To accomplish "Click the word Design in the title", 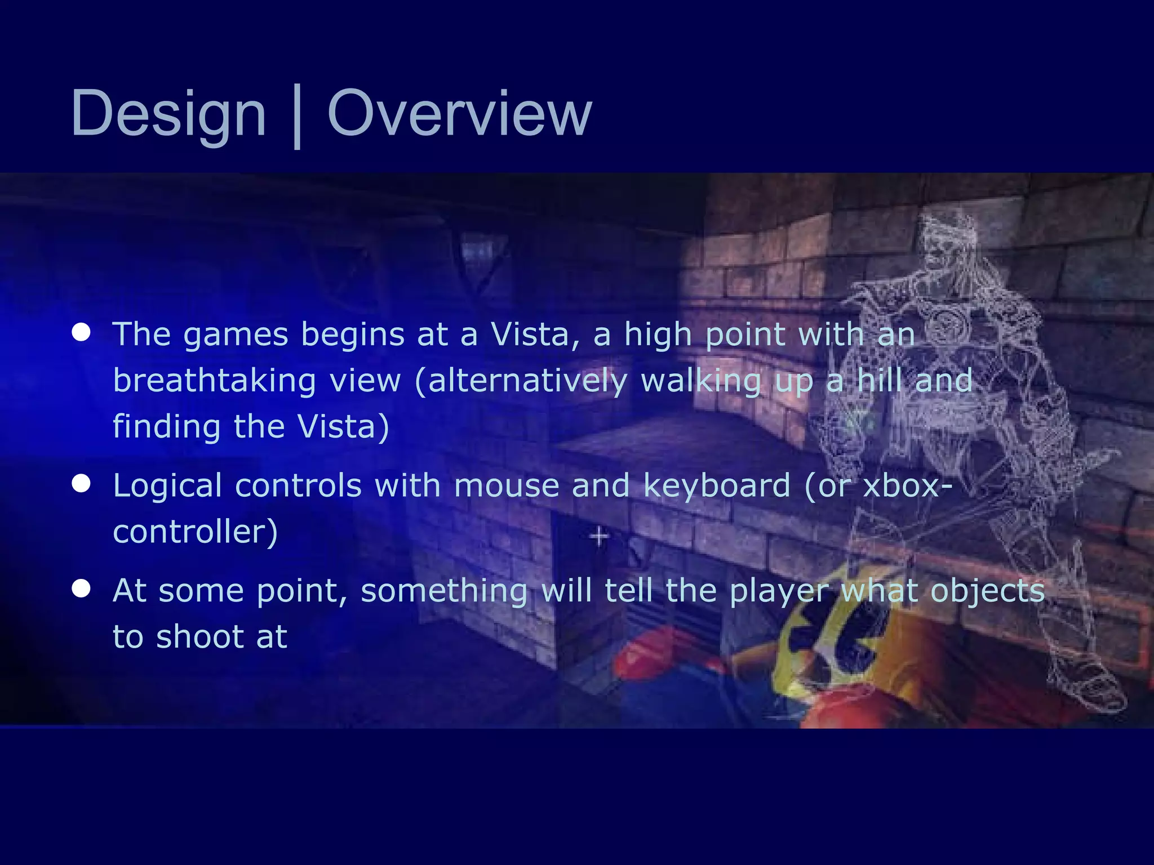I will [168, 114].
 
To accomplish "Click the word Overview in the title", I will [459, 114].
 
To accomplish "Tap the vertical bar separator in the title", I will [297, 117].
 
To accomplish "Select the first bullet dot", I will [82, 332].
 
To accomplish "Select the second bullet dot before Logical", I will [82, 483].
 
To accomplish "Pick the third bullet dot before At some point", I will [82, 588].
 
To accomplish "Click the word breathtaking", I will [214, 381].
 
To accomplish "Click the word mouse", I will [506, 485].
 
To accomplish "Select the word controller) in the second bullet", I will [195, 532].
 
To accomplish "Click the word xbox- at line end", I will [908, 485].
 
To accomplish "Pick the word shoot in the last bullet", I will [199, 637].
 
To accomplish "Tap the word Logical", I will [167, 487].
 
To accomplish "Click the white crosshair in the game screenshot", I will [599, 536].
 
